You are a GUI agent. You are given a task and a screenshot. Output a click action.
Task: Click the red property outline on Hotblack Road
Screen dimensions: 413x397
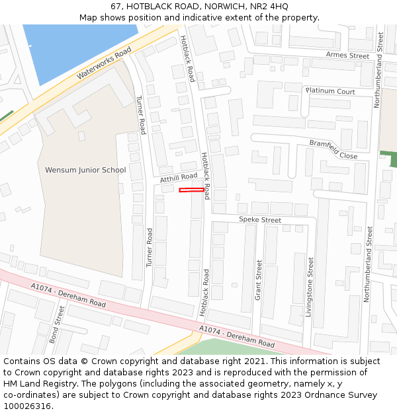[191, 190]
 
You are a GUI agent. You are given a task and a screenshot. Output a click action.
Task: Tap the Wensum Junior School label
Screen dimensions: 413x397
[85, 170]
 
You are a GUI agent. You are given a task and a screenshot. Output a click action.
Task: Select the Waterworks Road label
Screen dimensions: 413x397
[105, 64]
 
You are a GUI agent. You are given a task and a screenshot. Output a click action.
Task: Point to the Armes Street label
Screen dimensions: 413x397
[347, 56]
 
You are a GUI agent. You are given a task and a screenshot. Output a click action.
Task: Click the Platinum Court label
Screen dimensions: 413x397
[330, 91]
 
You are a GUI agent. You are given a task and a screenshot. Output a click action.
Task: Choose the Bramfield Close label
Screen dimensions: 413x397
[333, 149]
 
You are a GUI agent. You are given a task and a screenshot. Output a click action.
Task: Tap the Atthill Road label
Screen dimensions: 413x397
[179, 178]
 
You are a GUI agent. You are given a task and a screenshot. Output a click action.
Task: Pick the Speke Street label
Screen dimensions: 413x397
[259, 220]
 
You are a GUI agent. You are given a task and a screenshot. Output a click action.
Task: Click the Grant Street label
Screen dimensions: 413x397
[259, 278]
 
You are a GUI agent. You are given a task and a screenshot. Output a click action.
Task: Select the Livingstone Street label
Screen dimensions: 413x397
[309, 287]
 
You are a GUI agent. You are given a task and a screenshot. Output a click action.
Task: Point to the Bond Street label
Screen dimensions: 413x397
[58, 324]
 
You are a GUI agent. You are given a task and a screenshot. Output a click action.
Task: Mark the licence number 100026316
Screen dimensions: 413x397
[27, 406]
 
